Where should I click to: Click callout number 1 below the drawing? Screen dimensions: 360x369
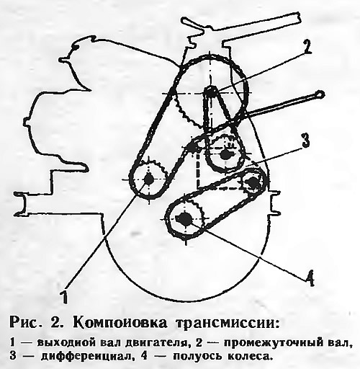coord(64,296)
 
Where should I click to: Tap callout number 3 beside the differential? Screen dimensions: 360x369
coord(305,141)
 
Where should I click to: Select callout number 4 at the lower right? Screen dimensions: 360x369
coord(310,278)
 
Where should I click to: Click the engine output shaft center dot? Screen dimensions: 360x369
coord(149,179)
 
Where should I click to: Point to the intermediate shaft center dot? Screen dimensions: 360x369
coord(210,92)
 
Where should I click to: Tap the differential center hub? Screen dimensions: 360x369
coord(225,154)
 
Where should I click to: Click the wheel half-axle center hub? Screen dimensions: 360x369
coord(185,218)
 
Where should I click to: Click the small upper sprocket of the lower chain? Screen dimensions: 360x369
coord(253,182)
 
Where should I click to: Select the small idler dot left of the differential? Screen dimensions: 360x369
coord(192,146)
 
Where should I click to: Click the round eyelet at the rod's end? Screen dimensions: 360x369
coord(320,94)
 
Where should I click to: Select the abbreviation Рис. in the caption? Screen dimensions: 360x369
coord(26,323)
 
